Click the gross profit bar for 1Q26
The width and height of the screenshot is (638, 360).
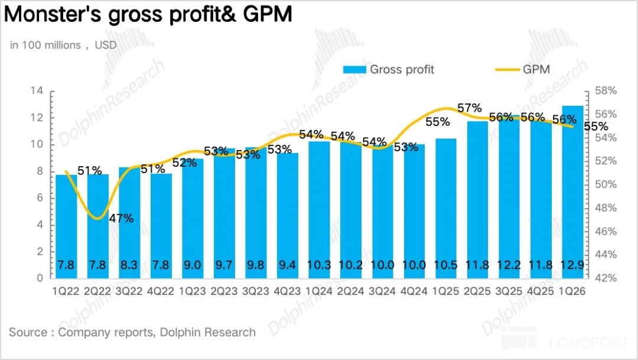click(x=572, y=192)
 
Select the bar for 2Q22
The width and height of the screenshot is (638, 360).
click(x=97, y=226)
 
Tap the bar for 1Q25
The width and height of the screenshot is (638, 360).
click(x=445, y=209)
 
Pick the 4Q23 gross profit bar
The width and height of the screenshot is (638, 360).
click(x=287, y=216)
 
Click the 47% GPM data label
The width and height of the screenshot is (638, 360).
click(x=121, y=218)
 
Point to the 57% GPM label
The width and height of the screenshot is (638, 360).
click(x=470, y=108)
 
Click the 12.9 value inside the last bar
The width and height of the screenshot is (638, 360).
click(x=572, y=265)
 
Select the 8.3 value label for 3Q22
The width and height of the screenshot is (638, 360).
click(x=129, y=265)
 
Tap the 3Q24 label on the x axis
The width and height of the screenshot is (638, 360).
click(x=382, y=291)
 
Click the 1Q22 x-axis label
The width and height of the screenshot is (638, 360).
click(x=66, y=291)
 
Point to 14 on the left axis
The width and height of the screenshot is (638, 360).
click(x=37, y=90)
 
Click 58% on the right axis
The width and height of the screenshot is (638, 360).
click(x=606, y=91)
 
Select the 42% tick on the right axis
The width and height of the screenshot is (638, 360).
click(x=606, y=278)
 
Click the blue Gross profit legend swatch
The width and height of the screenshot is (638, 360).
click(x=354, y=70)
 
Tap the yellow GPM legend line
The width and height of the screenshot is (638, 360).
click(x=507, y=70)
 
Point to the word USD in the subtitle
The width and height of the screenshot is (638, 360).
click(x=106, y=45)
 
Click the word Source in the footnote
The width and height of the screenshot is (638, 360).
click(x=28, y=332)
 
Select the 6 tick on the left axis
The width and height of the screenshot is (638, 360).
click(x=40, y=198)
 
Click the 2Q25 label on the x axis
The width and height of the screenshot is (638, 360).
click(x=477, y=291)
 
